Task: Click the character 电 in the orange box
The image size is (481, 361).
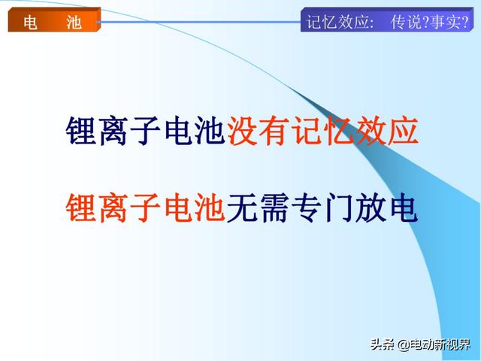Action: [x=30, y=23]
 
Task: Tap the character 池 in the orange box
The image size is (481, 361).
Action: [x=74, y=23]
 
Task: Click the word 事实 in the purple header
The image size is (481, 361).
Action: [x=445, y=22]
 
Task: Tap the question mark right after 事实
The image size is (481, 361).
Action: [x=464, y=22]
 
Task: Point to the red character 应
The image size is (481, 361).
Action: [x=403, y=130]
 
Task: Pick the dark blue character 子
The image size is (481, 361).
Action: [x=145, y=130]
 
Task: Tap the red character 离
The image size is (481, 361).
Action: [x=113, y=208]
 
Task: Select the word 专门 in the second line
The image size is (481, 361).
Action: [x=322, y=208]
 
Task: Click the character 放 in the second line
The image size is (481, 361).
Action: [x=371, y=208]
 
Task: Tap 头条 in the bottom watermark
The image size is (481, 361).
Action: [x=383, y=344]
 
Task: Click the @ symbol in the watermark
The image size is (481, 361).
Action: [x=403, y=345]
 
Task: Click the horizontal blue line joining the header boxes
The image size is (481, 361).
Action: [x=198, y=22]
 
